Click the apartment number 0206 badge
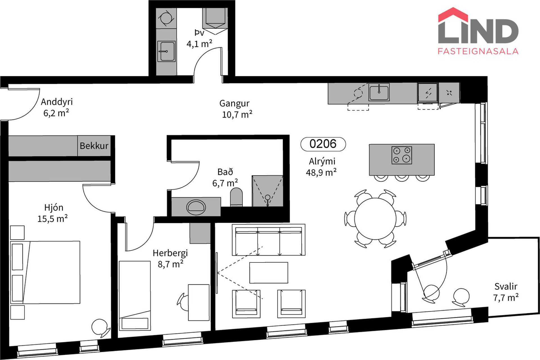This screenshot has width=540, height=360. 323,144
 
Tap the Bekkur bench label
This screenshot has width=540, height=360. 94,146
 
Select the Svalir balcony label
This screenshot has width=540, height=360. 506,286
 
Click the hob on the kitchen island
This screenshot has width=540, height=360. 402,155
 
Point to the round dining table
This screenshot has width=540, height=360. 375,219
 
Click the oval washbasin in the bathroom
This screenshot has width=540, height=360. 196,207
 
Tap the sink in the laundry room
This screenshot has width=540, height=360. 166,51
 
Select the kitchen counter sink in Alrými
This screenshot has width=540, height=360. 379,92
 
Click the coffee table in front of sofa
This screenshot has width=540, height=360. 269,273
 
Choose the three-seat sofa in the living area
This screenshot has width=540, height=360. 269,240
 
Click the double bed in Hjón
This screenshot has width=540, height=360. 45,272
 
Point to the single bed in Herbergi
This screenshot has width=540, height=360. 135,296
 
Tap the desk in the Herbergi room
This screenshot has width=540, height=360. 199,302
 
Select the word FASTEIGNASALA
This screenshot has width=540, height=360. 478,51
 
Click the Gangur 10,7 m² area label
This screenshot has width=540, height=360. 236,109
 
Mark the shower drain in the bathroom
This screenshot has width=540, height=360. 267,197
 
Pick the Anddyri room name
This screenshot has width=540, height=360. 57,102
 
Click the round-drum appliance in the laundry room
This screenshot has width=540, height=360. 166,18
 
